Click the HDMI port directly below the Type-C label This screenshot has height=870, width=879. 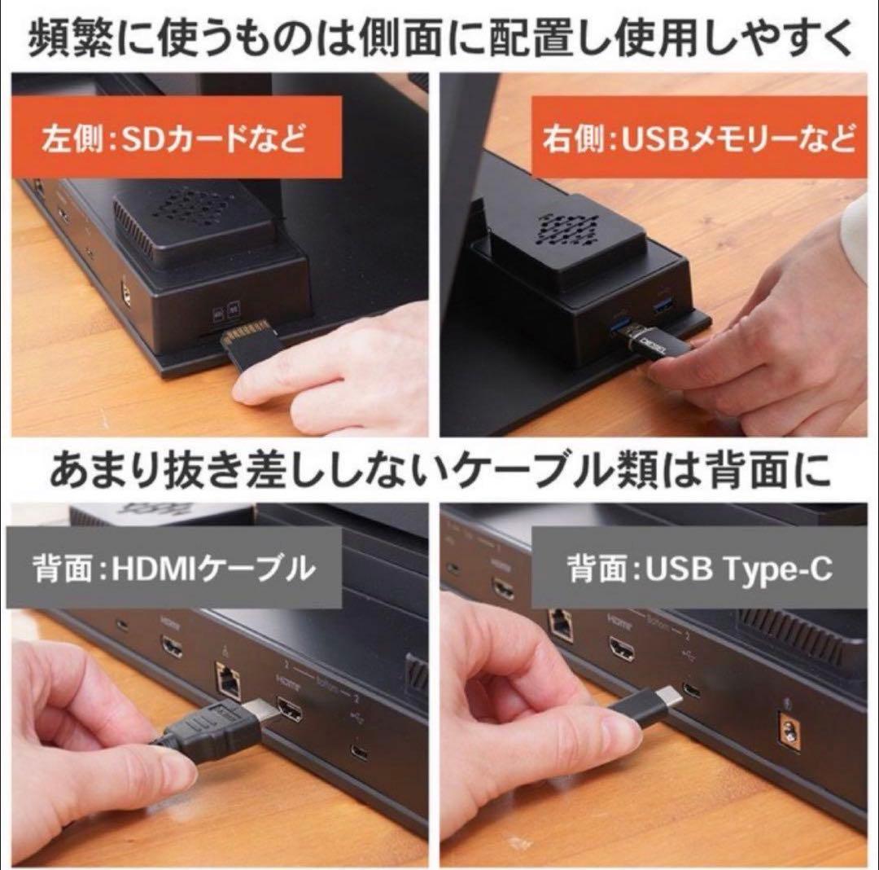click(623, 649)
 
